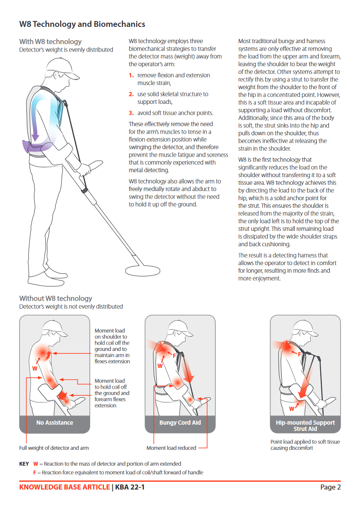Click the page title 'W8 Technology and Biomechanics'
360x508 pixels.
click(x=82, y=24)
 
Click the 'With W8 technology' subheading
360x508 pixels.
click(x=50, y=41)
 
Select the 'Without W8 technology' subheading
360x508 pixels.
click(x=55, y=298)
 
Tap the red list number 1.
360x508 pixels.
click(x=131, y=75)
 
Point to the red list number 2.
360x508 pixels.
click(x=131, y=94)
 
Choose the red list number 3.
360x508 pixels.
click(x=131, y=113)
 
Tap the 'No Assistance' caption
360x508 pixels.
click(x=54, y=423)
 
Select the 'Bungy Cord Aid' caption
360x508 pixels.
click(x=180, y=423)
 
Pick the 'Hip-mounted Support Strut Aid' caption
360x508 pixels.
click(x=305, y=425)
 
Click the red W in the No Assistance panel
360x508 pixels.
click(x=35, y=369)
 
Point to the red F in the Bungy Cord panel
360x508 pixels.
click(x=174, y=355)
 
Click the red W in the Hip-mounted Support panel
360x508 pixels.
click(x=292, y=408)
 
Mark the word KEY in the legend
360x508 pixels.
click(x=24, y=464)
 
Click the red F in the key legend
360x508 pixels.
click(x=35, y=472)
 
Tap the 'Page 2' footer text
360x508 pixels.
click(x=330, y=487)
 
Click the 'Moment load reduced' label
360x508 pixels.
click(x=171, y=448)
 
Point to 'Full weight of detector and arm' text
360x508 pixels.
click(x=54, y=448)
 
